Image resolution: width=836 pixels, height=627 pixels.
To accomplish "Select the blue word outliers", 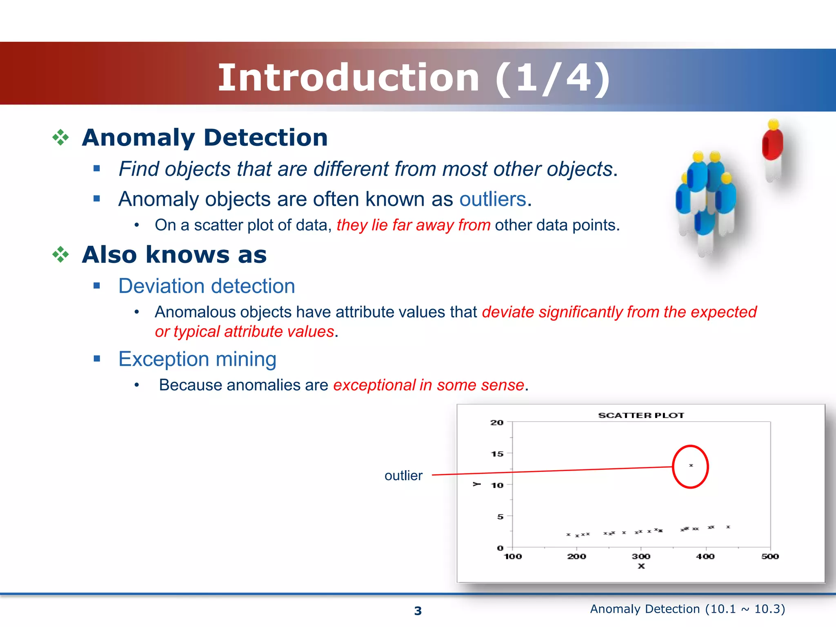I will pyautogui.click(x=492, y=199).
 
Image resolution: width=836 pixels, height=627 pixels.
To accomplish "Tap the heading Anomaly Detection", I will pyautogui.click(x=205, y=137).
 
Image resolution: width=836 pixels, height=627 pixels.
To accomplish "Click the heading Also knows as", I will pyautogui.click(x=174, y=255).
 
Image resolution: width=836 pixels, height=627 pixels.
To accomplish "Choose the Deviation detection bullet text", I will pyautogui.click(x=207, y=286).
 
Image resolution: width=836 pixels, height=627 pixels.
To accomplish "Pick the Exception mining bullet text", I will pyautogui.click(x=197, y=359).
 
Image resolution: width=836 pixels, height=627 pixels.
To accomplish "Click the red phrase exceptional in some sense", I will pyautogui.click(x=428, y=385).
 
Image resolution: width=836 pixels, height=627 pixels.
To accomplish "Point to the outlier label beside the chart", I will pyautogui.click(x=403, y=476).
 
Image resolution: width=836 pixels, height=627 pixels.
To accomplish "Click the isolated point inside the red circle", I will pyautogui.click(x=691, y=465).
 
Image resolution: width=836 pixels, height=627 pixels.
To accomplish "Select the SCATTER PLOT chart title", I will pyautogui.click(x=641, y=415).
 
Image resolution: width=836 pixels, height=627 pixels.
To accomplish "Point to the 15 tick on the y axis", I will pyautogui.click(x=497, y=454).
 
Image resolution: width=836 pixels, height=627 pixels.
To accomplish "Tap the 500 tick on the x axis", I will pyautogui.click(x=770, y=556).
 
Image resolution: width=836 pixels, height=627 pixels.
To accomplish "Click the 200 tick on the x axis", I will pyautogui.click(x=576, y=556).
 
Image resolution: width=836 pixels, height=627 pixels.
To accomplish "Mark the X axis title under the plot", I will pyautogui.click(x=641, y=566).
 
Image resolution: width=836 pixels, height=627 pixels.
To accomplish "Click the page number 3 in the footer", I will pyautogui.click(x=418, y=611).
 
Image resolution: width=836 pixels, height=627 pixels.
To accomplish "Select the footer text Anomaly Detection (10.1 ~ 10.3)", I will pyautogui.click(x=687, y=609).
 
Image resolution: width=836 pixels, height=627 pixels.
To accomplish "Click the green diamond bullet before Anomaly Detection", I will pyautogui.click(x=60, y=137).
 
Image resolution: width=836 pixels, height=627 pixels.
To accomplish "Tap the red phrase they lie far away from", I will pyautogui.click(x=413, y=225).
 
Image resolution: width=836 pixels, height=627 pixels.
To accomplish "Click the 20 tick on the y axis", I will pyautogui.click(x=497, y=422).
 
